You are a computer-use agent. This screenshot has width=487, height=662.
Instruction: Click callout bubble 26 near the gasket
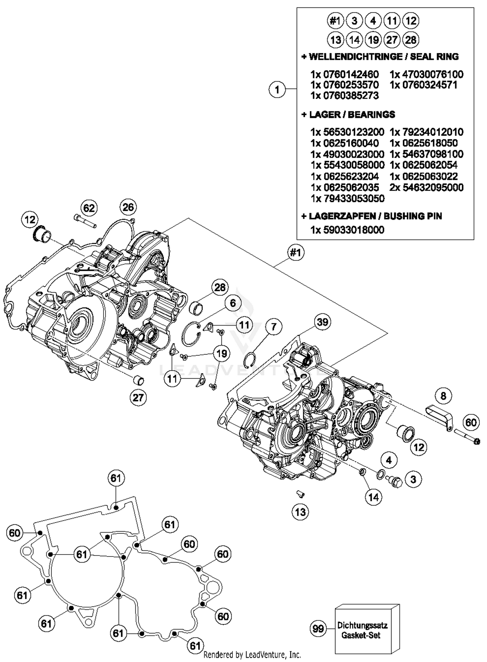[128, 207]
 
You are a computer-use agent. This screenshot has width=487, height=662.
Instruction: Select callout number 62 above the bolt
[89, 208]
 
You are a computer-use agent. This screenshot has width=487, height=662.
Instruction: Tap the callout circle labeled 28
[220, 287]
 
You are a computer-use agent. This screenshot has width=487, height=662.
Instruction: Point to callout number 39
[322, 322]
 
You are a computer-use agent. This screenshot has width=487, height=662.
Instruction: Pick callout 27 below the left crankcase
[138, 397]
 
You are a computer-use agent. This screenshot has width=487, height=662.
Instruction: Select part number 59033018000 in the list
[353, 230]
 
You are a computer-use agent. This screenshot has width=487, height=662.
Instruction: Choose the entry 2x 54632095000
[426, 187]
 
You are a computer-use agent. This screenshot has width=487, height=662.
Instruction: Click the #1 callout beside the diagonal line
[295, 252]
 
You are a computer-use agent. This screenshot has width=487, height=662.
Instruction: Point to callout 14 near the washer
[373, 497]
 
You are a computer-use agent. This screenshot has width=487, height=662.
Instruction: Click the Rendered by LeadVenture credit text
[252, 655]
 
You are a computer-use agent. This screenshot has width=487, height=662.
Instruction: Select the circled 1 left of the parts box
[277, 89]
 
